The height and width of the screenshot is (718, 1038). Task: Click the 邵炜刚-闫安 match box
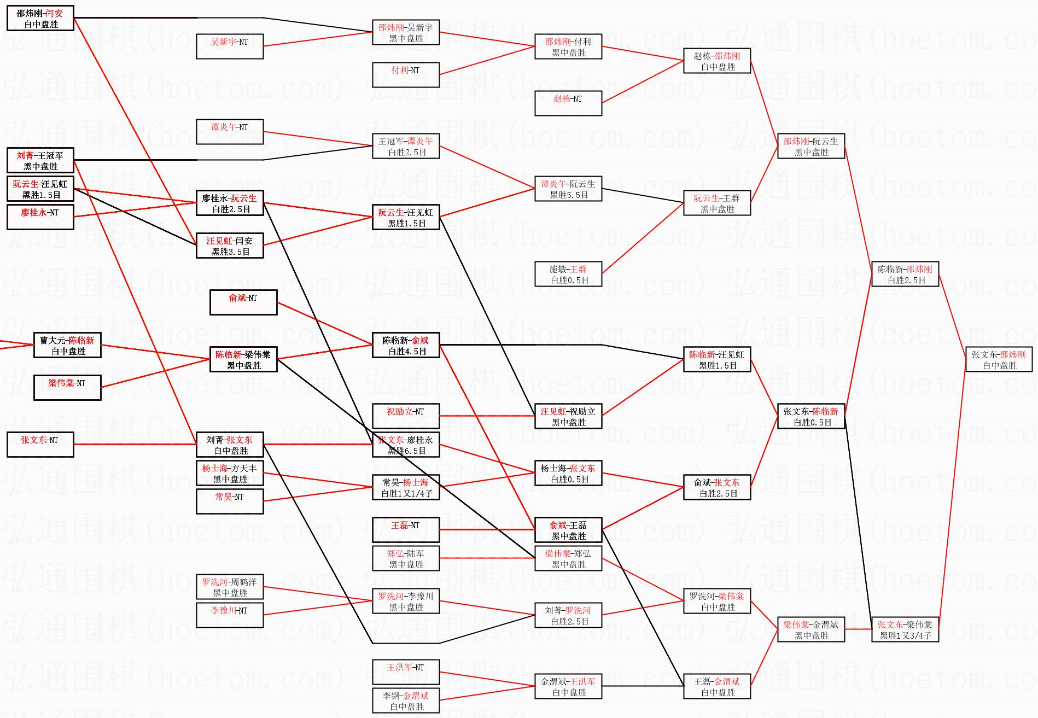click(x=40, y=18)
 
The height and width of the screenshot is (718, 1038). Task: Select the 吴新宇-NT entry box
click(x=230, y=46)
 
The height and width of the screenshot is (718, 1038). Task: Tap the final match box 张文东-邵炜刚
click(x=999, y=359)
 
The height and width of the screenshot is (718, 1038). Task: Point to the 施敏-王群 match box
click(x=568, y=274)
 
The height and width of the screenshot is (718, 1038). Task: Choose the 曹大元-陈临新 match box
click(x=67, y=345)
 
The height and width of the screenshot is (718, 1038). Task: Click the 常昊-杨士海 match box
click(x=406, y=487)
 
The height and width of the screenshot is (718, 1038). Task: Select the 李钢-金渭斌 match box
click(x=406, y=701)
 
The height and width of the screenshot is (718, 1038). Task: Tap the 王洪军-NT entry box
click(x=406, y=672)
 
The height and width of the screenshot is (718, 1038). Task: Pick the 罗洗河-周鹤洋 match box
click(x=230, y=587)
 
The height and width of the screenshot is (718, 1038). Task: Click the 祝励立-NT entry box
click(x=406, y=416)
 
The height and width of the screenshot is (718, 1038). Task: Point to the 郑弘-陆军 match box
click(x=406, y=558)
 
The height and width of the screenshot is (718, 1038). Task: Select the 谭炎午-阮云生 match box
click(x=568, y=189)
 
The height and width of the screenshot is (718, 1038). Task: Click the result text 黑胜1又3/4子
click(x=905, y=635)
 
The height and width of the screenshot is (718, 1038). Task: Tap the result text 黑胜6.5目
click(x=406, y=451)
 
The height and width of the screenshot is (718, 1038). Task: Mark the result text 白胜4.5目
click(x=406, y=351)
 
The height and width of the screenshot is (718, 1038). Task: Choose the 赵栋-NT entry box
click(x=568, y=103)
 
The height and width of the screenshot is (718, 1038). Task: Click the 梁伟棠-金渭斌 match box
click(x=811, y=629)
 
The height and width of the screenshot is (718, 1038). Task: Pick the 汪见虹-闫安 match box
click(x=230, y=246)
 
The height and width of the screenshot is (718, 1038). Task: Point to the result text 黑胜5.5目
click(x=569, y=195)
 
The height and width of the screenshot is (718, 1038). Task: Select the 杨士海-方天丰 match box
click(x=230, y=473)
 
